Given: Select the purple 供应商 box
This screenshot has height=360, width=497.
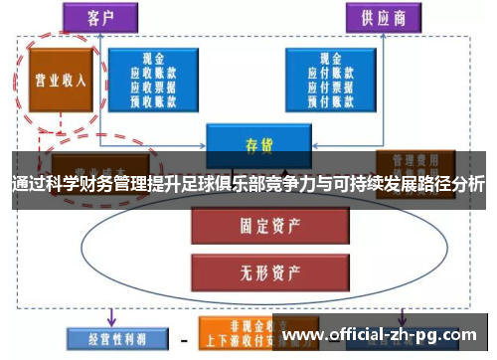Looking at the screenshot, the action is tap(384, 17).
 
